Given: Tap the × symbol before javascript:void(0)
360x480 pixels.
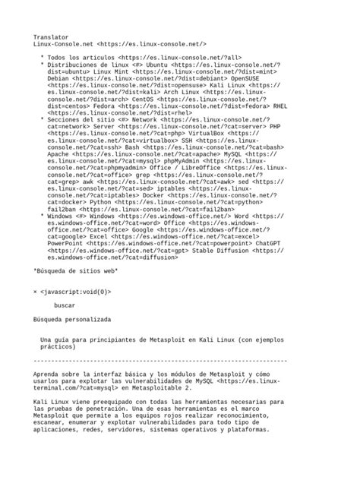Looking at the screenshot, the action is tap(36, 292).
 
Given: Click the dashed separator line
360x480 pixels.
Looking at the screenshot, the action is tap(160, 361).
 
